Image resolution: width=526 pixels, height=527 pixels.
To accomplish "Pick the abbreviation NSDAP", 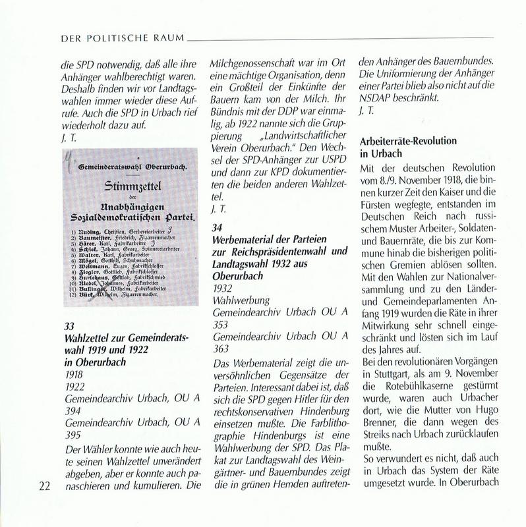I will (378, 96).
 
